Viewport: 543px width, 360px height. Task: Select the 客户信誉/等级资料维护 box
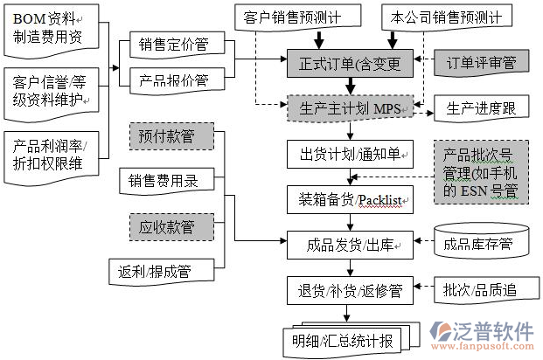[51, 91]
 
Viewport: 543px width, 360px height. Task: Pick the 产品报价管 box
[174, 80]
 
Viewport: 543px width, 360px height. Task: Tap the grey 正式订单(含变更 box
[351, 63]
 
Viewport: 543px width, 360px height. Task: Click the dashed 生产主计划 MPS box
[351, 108]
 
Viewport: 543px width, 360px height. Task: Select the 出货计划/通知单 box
[351, 155]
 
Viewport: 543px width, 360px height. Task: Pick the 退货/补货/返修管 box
[351, 288]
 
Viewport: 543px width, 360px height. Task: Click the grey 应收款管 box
[174, 226]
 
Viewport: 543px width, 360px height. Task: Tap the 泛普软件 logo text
[493, 330]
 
